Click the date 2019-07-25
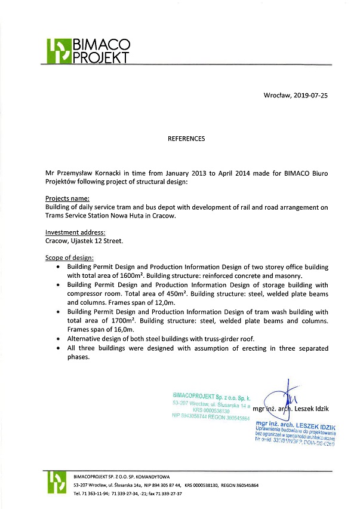(x=311, y=95)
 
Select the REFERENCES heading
(x=186, y=139)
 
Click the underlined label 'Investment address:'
(x=75, y=232)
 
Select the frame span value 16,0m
(x=122, y=330)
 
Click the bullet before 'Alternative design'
(x=57, y=339)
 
